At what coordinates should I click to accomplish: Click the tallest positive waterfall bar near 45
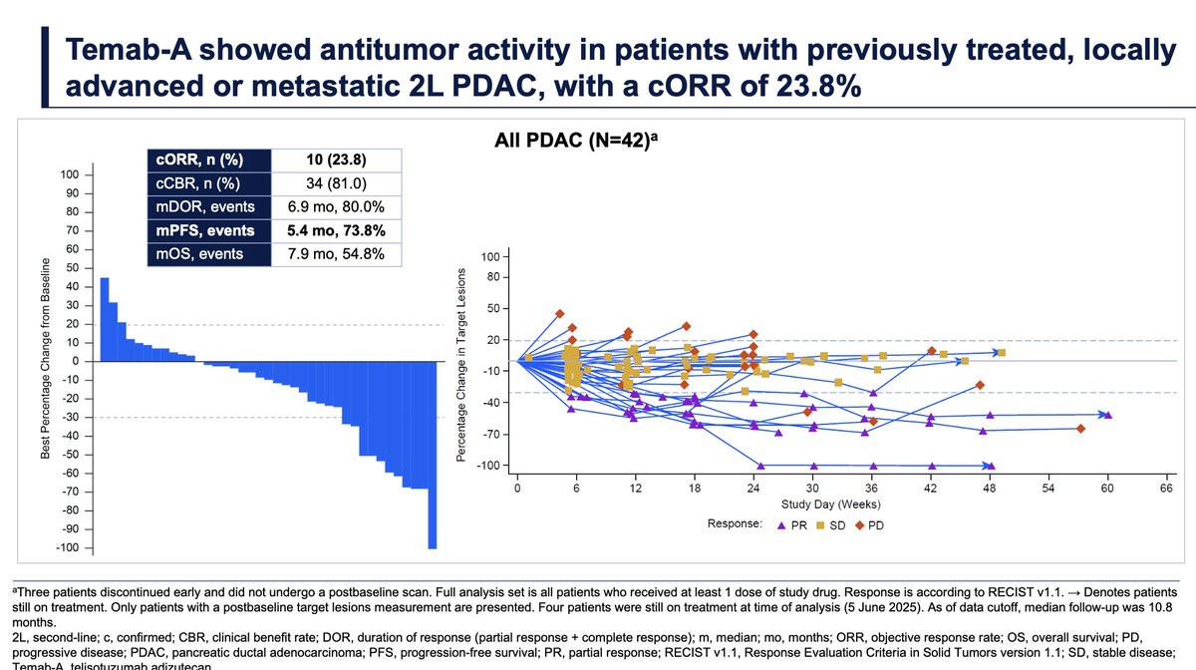(105, 319)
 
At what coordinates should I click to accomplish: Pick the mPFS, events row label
(205, 230)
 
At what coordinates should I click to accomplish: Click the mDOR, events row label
(205, 206)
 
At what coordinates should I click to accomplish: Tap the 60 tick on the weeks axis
(1107, 491)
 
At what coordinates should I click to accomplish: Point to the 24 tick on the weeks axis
(753, 491)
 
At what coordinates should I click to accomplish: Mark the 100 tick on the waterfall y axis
(70, 174)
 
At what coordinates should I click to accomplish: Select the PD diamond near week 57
(1080, 429)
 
